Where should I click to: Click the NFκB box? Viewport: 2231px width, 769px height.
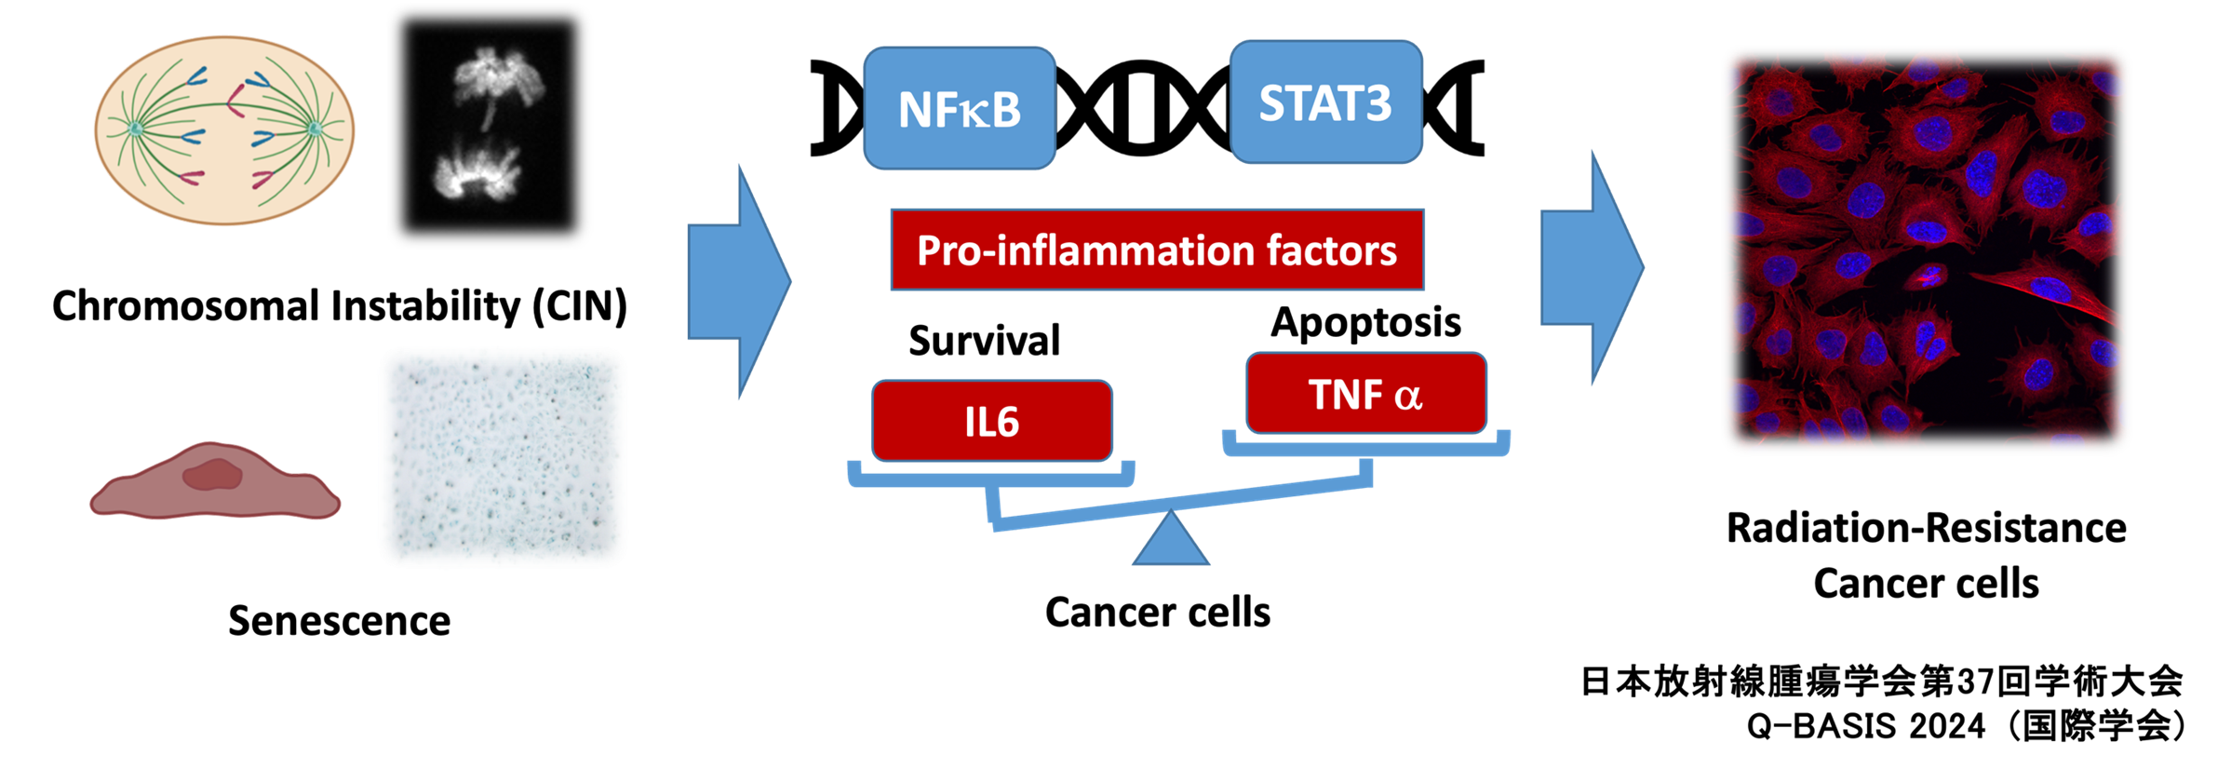tap(960, 108)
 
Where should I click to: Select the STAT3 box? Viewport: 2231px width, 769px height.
tap(1325, 102)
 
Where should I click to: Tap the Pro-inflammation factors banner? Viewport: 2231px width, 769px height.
tap(1157, 250)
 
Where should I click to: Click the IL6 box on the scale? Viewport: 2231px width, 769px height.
tap(991, 421)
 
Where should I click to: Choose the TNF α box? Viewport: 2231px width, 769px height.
tap(1365, 394)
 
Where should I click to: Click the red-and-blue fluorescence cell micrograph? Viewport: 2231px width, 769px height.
tap(1926, 250)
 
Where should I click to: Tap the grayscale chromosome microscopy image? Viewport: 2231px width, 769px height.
tap(489, 126)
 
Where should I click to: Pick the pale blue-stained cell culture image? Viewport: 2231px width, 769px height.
tap(503, 457)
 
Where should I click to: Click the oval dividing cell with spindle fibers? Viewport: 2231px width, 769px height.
tap(223, 130)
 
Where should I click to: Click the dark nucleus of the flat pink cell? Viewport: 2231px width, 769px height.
tap(213, 475)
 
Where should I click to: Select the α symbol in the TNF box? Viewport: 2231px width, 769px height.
tap(1408, 397)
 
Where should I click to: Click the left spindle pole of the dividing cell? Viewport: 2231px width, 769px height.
tap(136, 128)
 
